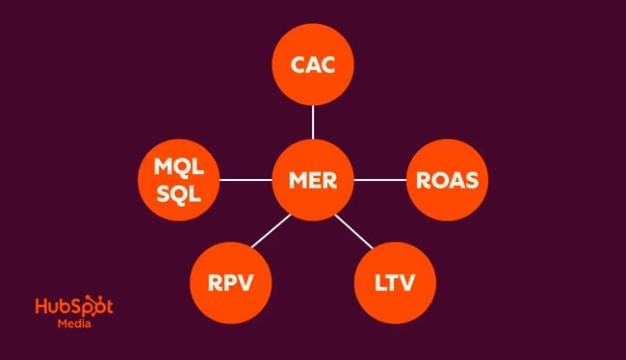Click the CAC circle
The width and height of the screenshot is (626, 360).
pos(313,65)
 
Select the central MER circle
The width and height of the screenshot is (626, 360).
pos(313,180)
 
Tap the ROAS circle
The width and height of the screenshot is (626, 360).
pos(446,180)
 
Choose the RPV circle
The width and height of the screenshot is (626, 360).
pos(230,284)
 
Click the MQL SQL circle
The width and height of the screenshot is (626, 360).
pos(180,180)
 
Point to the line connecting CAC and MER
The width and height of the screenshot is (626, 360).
pos(313,122)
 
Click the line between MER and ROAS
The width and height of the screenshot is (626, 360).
pos(379,180)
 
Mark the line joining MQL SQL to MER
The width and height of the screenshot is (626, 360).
pos(247,180)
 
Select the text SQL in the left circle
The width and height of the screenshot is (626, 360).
pos(180,193)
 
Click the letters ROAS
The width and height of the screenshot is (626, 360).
pos(446,180)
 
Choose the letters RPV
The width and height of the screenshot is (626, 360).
pos(230,284)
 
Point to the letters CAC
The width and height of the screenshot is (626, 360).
pos(313,65)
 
